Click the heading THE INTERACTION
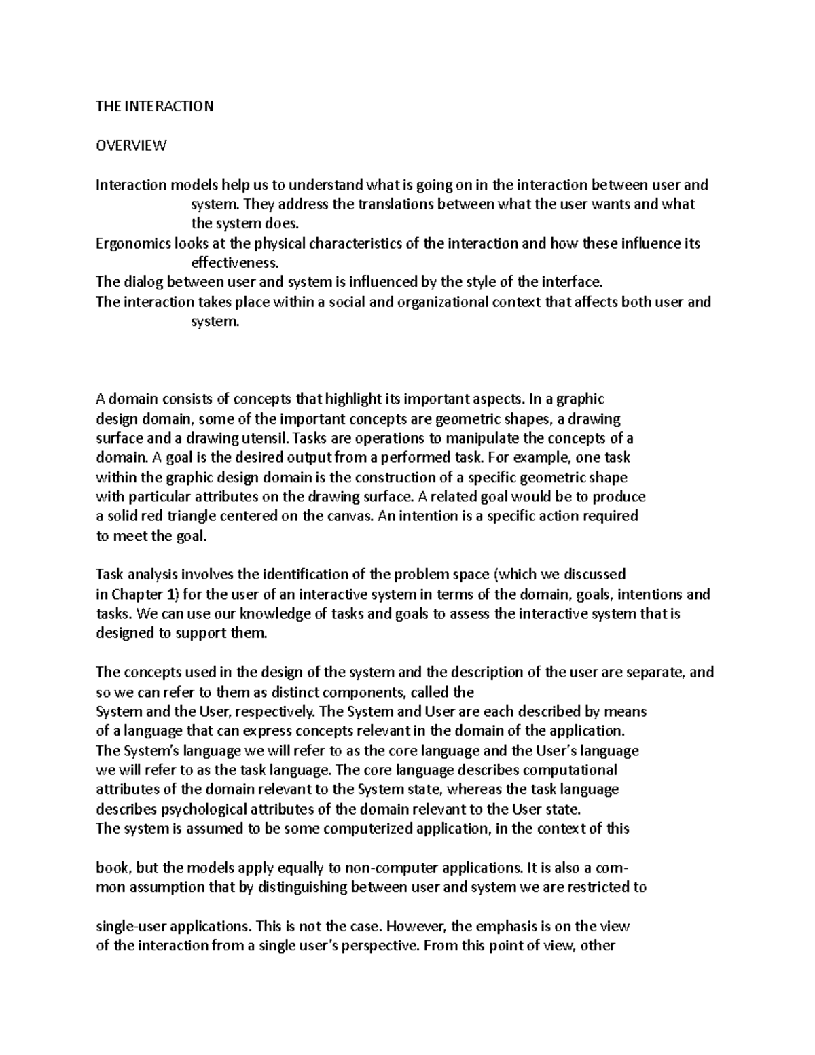155,106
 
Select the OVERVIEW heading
131,145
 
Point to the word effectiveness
234,263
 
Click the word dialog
143,282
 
